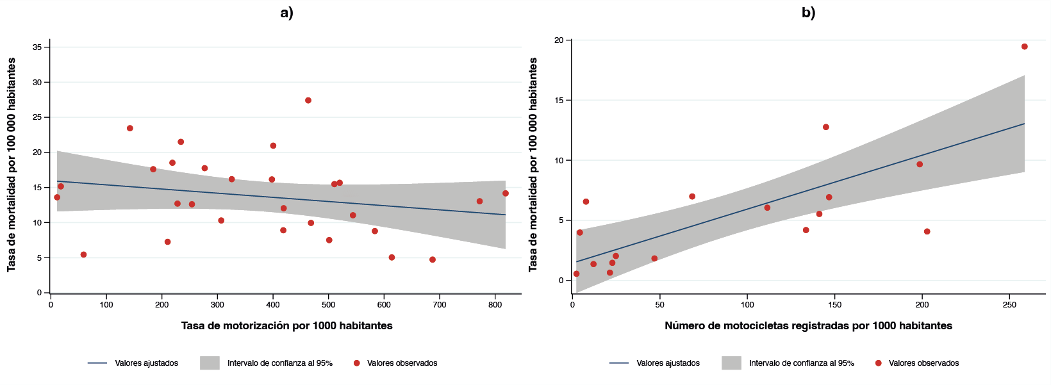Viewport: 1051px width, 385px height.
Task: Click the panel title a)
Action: pyautogui.click(x=286, y=13)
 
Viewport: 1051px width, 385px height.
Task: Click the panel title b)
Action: pyautogui.click(x=808, y=13)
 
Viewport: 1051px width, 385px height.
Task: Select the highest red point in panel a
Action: pyautogui.click(x=308, y=101)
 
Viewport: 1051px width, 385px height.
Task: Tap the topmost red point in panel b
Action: pyautogui.click(x=1024, y=47)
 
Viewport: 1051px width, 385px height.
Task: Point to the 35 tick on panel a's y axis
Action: pyautogui.click(x=37, y=47)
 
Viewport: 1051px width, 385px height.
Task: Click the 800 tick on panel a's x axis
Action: pyautogui.click(x=495, y=305)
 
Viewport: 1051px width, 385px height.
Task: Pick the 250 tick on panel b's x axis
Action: pyautogui.click(x=1009, y=305)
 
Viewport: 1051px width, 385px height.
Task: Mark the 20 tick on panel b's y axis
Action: pyautogui.click(x=559, y=40)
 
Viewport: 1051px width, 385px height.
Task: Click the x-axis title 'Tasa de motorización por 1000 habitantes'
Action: pyautogui.click(x=286, y=325)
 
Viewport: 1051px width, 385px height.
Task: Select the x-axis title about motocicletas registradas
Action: pyautogui.click(x=808, y=325)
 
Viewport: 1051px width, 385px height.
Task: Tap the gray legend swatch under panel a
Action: pyautogui.click(x=210, y=363)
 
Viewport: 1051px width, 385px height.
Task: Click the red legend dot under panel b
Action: pyautogui.click(x=878, y=363)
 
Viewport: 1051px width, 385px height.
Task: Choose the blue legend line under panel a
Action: pyautogui.click(x=97, y=363)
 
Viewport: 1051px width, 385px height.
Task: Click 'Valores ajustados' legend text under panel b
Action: pyautogui.click(x=668, y=363)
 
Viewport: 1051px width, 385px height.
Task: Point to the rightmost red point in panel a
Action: pyautogui.click(x=506, y=193)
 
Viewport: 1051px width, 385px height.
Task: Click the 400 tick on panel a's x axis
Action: pyautogui.click(x=273, y=305)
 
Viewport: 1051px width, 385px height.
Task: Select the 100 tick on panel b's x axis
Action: pyautogui.click(x=747, y=305)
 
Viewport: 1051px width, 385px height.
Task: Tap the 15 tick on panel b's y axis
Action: pyautogui.click(x=559, y=101)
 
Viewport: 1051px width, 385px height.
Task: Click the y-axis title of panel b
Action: pyautogui.click(x=533, y=165)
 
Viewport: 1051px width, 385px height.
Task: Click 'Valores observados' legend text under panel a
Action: pyautogui.click(x=402, y=363)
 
